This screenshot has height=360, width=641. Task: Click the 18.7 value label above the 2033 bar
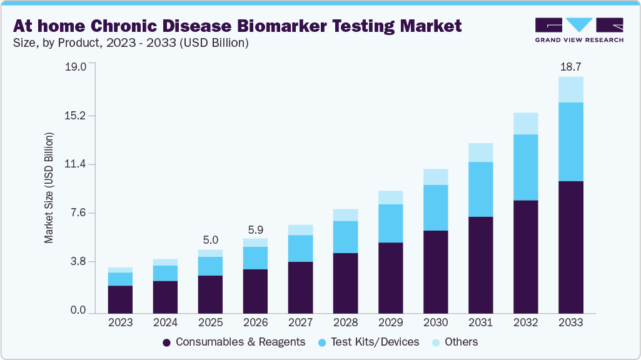pos(570,67)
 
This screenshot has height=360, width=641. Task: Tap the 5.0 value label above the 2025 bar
pos(210,240)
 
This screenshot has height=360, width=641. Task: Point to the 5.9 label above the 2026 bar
pos(255,229)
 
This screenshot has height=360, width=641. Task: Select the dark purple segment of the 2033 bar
pos(570,247)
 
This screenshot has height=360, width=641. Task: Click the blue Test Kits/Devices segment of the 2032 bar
pos(525,167)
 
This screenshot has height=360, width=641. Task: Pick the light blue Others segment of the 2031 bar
pos(480,152)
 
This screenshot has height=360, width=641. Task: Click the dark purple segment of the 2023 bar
pos(120,299)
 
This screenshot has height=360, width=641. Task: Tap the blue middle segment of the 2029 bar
pos(390,223)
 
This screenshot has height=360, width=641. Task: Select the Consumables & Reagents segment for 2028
pos(345,282)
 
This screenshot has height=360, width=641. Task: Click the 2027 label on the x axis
pos(300,323)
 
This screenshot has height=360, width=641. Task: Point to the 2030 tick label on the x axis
pos(435,323)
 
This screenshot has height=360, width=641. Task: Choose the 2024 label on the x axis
pos(165,323)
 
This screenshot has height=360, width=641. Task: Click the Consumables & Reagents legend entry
pos(234,342)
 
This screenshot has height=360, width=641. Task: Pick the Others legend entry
pos(455,342)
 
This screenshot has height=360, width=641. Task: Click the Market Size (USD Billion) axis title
pos(49,188)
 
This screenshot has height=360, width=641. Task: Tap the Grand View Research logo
pos(578,30)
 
